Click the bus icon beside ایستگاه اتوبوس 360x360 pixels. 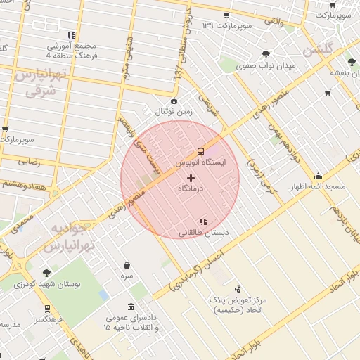click(x=200, y=150)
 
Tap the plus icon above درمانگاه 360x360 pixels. click(x=191, y=178)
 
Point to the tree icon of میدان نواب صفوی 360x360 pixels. click(x=266, y=54)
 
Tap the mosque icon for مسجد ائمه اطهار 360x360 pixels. click(x=318, y=176)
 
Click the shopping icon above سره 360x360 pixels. click(x=127, y=266)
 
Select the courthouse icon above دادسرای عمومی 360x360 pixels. click(x=132, y=307)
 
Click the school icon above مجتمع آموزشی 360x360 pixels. click(x=71, y=35)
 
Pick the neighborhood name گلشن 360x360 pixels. click(x=317, y=51)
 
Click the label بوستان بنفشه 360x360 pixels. click(x=345, y=72)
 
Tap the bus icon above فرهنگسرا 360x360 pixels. click(x=47, y=308)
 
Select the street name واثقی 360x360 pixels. click(x=272, y=22)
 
